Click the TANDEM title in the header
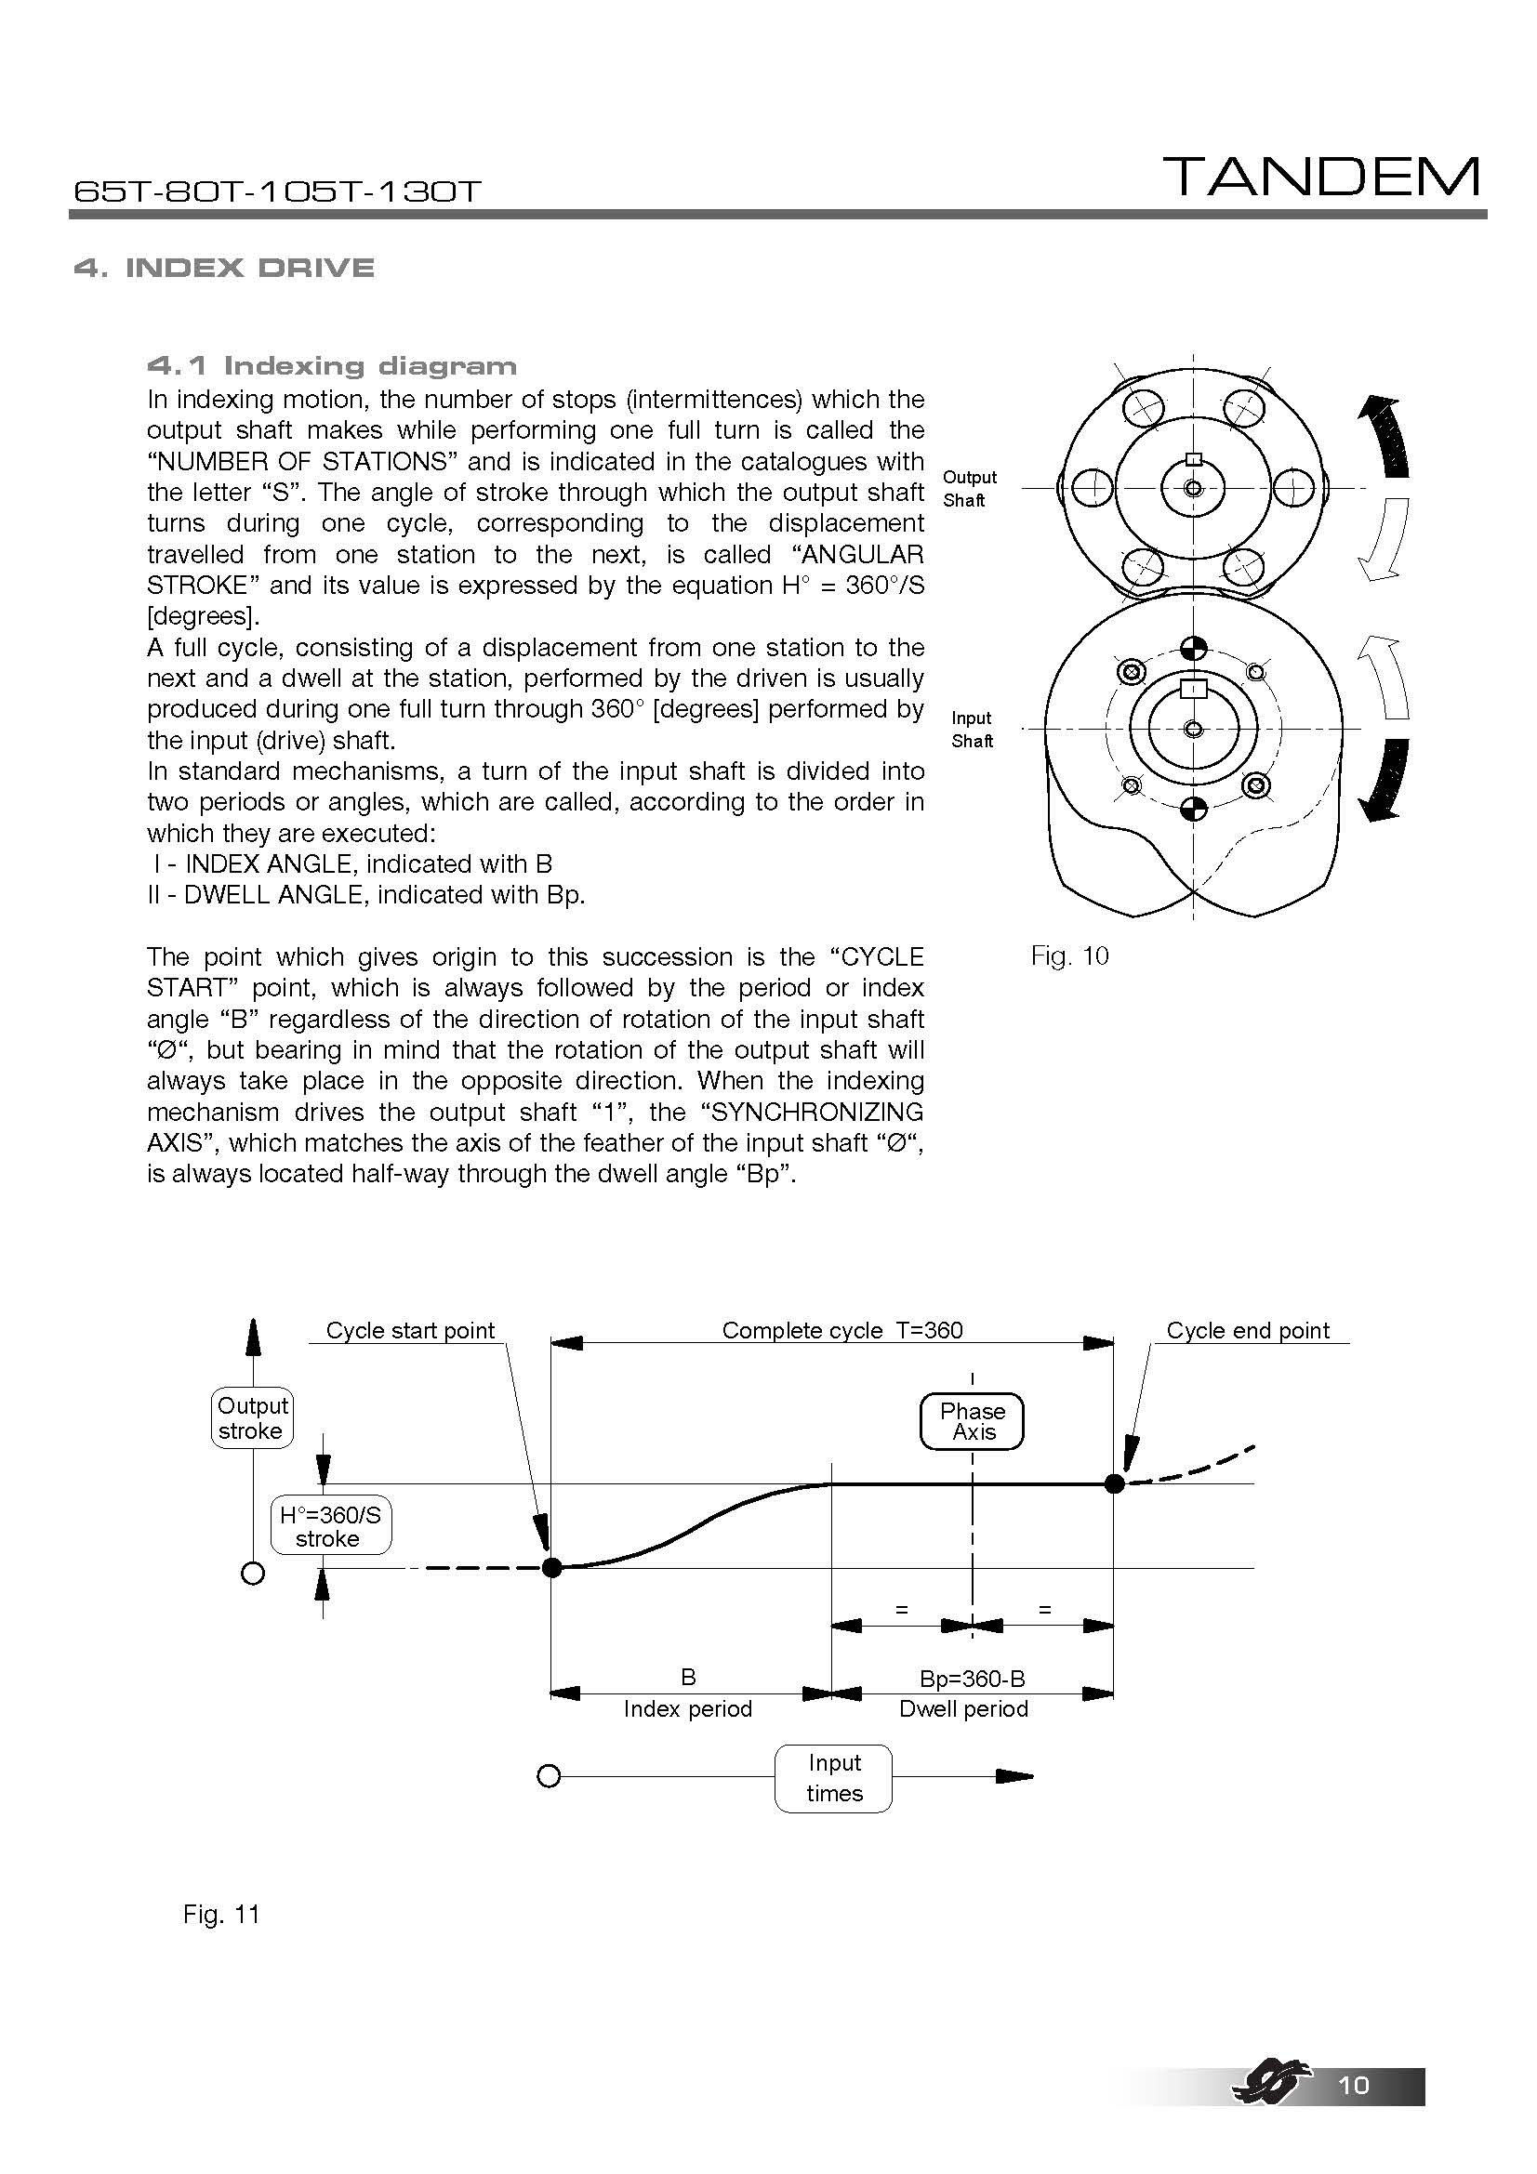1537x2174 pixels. pos(1322,178)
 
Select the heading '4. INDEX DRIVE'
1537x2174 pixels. pos(223,268)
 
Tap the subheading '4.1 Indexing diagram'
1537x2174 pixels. pos(331,365)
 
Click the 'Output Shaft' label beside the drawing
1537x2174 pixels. pos(969,489)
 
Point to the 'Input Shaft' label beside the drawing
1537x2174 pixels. pos(972,729)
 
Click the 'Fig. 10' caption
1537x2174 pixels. pos(1069,955)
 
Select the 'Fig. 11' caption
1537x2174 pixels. pos(220,1915)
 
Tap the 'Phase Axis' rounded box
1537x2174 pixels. pos(972,1421)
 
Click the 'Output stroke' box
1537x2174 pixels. pos(252,1418)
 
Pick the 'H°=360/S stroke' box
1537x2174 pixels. pos(329,1526)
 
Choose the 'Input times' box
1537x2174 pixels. pos(833,1778)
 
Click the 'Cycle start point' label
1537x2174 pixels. pos(410,1330)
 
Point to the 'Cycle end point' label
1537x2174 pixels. pos(1247,1330)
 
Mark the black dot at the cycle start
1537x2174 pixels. pos(552,1568)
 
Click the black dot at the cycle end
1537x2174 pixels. pos(1115,1482)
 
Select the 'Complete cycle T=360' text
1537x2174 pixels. pos(841,1330)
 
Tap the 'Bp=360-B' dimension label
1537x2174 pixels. pos(972,1679)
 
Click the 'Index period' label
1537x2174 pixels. pos(687,1709)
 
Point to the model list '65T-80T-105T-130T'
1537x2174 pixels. pos(277,192)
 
